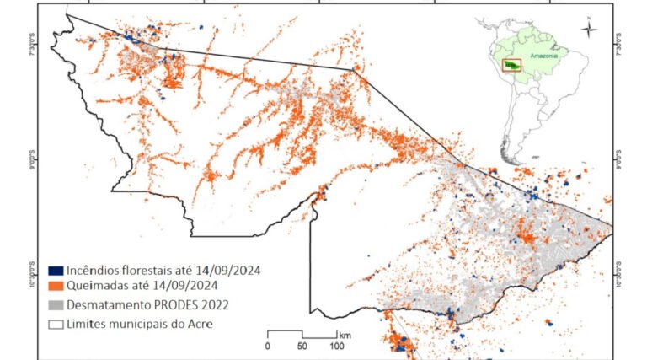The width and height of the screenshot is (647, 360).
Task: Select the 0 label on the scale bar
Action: [x=268, y=346]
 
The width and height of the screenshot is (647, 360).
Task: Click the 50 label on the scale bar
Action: [x=302, y=346]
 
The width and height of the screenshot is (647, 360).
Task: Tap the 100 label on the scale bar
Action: [x=337, y=346]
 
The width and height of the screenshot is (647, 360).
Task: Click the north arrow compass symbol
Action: [x=590, y=29]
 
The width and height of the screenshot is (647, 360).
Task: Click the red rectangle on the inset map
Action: [x=511, y=65]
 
